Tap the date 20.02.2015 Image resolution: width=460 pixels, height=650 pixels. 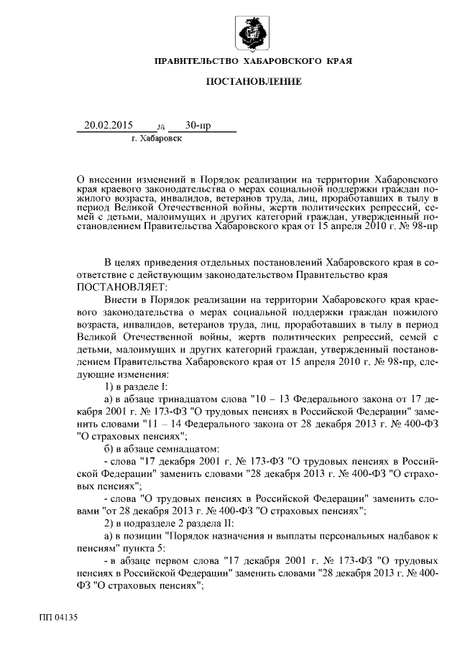105,126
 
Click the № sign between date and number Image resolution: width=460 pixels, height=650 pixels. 160,127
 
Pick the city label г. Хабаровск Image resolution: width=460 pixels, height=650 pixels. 157,138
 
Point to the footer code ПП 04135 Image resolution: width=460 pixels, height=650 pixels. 58,616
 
